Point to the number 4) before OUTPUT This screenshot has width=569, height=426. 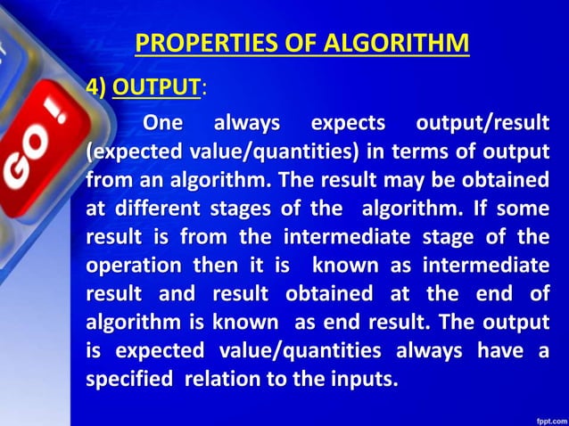point(95,87)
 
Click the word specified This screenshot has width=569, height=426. point(128,379)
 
